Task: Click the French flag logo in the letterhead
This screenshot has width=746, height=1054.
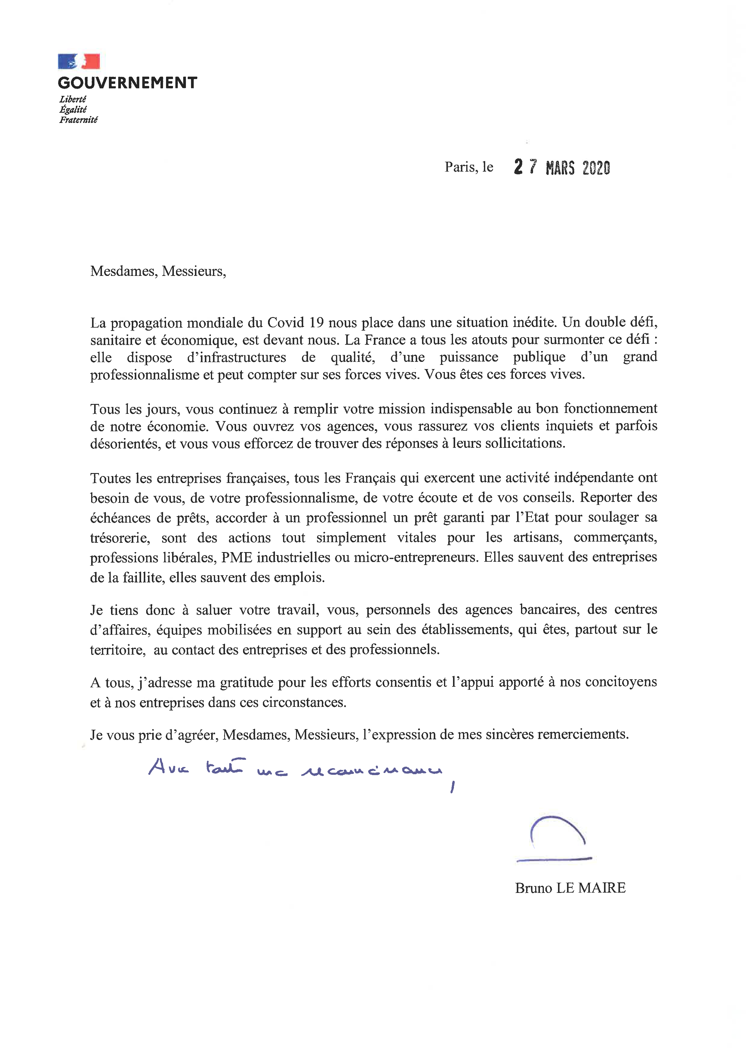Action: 79,61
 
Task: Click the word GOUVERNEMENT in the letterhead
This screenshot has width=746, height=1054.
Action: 128,83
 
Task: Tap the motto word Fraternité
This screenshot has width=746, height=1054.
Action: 79,120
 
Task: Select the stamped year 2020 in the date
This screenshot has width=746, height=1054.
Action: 596,168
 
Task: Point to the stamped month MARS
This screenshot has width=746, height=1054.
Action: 560,168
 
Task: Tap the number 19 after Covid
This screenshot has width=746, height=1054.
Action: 316,323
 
